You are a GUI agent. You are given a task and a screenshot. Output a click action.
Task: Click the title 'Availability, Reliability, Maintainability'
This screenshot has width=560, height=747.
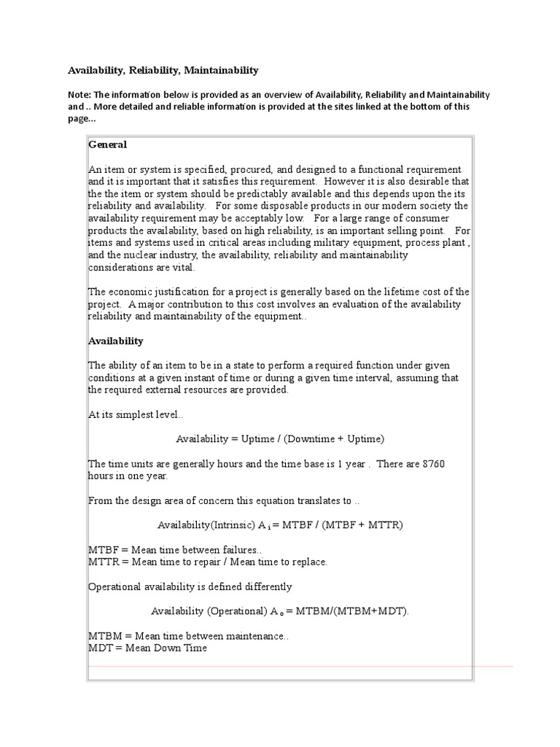pyautogui.click(x=163, y=70)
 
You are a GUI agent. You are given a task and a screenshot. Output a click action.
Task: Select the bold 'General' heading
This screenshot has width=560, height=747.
pyautogui.click(x=108, y=144)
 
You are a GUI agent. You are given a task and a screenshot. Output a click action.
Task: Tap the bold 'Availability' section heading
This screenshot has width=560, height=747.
pyautogui.click(x=116, y=341)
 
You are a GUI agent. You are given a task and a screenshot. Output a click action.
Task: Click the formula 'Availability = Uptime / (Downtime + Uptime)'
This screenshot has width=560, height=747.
pyautogui.click(x=279, y=438)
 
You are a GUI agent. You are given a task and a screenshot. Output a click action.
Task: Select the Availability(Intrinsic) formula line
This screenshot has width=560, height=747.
pyautogui.click(x=280, y=525)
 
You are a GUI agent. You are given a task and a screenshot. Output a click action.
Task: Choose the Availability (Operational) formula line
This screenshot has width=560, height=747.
pyautogui.click(x=280, y=611)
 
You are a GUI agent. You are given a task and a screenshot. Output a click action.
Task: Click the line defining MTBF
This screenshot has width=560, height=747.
pyautogui.click(x=175, y=549)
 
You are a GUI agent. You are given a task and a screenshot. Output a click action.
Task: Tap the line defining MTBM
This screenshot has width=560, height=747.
pyautogui.click(x=188, y=636)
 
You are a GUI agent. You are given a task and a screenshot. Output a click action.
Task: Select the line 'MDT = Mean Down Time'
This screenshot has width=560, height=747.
pyautogui.click(x=147, y=648)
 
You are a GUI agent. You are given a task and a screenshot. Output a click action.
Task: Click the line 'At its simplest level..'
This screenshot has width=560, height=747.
pyautogui.click(x=136, y=414)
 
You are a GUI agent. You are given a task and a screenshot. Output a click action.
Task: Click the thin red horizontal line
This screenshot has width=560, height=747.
pyautogui.click(x=299, y=667)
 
